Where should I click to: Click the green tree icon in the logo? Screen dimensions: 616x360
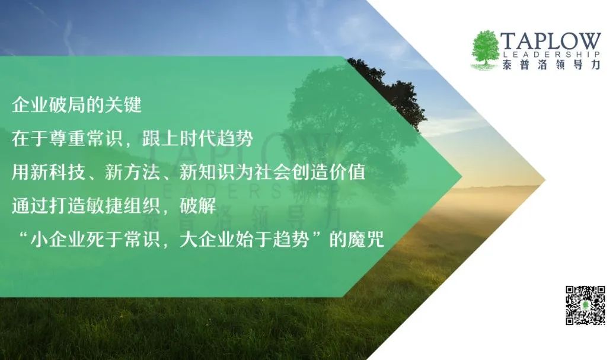click(x=485, y=49)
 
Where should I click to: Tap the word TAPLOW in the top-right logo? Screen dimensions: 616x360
click(x=551, y=42)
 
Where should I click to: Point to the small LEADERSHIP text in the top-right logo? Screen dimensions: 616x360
click(x=551, y=55)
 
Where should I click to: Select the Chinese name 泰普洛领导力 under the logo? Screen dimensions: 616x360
click(x=551, y=65)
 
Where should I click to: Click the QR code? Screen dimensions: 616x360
click(x=585, y=305)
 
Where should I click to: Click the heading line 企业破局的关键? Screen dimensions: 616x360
click(x=76, y=106)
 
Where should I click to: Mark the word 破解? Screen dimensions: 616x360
click(x=198, y=206)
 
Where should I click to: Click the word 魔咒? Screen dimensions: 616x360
click(x=366, y=240)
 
